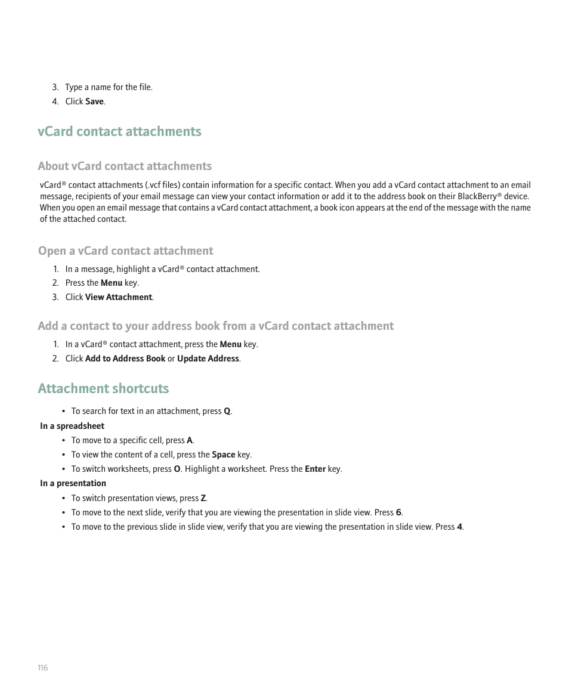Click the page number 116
42,667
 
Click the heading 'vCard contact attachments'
119,131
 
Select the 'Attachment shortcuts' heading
103,388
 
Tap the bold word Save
94,101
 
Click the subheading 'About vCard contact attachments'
125,166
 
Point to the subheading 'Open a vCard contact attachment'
125,251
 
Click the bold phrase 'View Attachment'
119,297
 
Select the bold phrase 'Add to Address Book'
125,359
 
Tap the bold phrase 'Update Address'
208,359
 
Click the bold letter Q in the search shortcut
227,411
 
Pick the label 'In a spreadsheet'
72,426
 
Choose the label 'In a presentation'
73,483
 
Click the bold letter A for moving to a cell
190,440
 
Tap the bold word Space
224,455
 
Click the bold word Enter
315,469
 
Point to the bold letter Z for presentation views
203,498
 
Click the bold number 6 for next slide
398,512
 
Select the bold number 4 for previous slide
459,527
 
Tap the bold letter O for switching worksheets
177,469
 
